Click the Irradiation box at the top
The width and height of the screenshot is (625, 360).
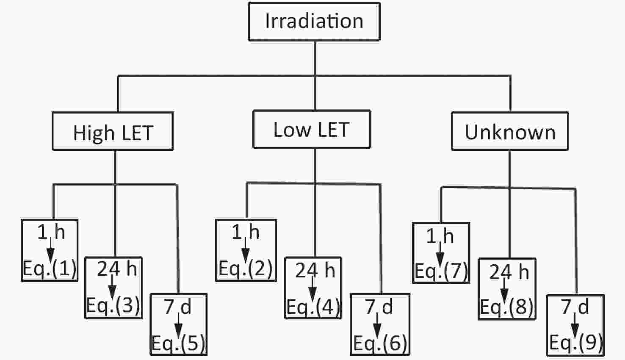(x=314, y=22)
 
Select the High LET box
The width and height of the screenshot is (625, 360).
(x=113, y=131)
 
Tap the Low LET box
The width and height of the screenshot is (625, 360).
(x=312, y=129)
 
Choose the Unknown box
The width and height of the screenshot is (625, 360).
(x=510, y=131)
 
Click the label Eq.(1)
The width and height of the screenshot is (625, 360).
(x=50, y=269)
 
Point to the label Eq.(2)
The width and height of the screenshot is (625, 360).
(x=246, y=269)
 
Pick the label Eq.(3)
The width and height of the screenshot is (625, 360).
(x=113, y=305)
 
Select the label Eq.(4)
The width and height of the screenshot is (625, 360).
(x=313, y=307)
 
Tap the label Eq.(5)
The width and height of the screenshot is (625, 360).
(x=178, y=343)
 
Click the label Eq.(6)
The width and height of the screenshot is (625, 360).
(x=380, y=343)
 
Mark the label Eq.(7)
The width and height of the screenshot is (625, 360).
(x=441, y=271)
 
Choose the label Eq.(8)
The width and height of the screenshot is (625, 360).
(x=507, y=307)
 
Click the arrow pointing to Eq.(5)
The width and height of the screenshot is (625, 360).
(x=178, y=325)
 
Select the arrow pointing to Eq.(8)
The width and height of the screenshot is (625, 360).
(x=504, y=291)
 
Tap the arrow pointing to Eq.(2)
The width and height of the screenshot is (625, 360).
(x=245, y=250)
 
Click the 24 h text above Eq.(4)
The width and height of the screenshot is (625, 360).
(x=315, y=270)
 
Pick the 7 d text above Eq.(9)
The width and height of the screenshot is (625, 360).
(x=575, y=307)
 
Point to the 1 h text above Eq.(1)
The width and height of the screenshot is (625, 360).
(x=51, y=232)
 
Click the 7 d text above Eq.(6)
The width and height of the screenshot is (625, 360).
(x=379, y=307)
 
